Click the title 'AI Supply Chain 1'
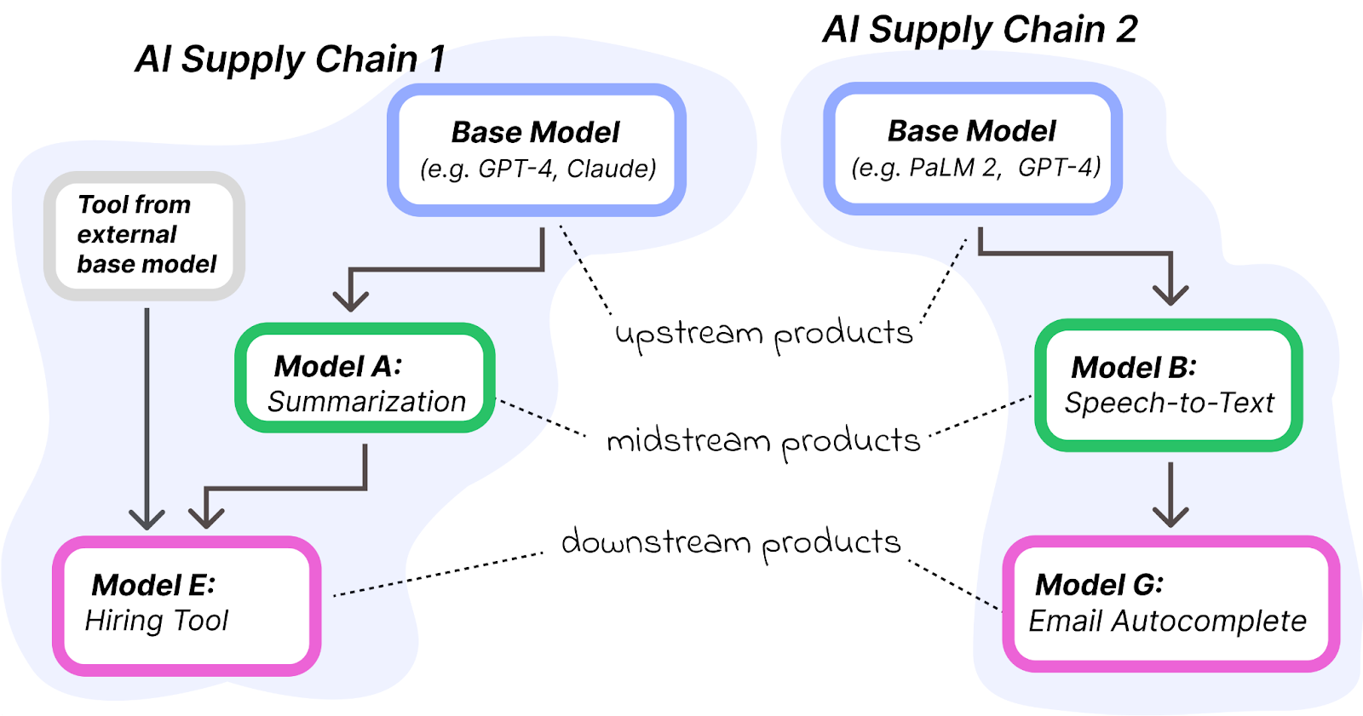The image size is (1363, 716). [x=290, y=60]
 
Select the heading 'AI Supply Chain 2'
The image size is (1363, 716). [x=980, y=30]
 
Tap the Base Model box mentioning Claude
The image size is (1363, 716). [x=537, y=150]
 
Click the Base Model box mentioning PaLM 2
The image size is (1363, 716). [x=973, y=149]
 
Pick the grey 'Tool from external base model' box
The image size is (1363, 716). [x=145, y=235]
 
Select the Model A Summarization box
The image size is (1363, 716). [x=365, y=378]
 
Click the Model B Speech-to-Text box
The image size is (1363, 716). [x=1169, y=385]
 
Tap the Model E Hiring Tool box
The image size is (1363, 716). [x=187, y=605]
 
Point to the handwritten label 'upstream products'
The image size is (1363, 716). [x=764, y=334]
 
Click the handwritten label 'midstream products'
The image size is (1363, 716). [x=764, y=442]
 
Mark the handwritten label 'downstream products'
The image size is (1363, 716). [x=731, y=543]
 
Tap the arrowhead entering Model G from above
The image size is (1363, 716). [x=1170, y=515]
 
